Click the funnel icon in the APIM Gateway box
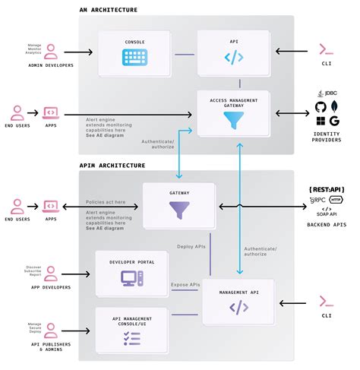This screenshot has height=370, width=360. point(181,210)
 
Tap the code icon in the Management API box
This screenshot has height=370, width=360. point(238,308)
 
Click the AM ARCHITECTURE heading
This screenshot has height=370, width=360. point(109,10)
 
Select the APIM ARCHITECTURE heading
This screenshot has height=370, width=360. point(112,165)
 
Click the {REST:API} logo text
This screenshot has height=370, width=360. point(327,188)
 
